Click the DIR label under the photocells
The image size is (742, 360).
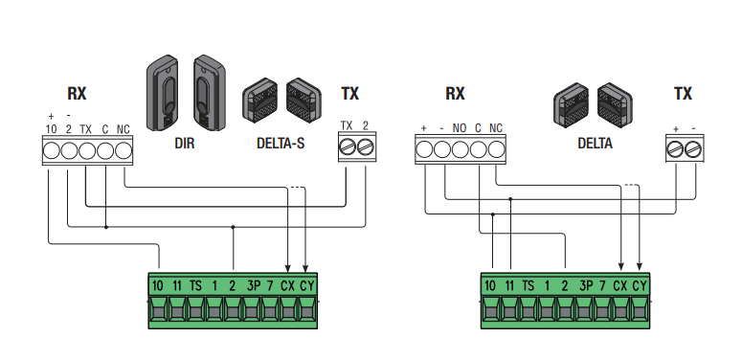(185, 143)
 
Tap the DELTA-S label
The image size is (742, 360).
(281, 143)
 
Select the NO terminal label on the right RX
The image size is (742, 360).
(460, 128)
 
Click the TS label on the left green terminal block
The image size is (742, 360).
(195, 285)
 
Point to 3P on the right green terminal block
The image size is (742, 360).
(586, 285)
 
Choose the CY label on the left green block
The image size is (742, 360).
(307, 285)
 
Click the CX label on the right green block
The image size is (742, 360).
(619, 285)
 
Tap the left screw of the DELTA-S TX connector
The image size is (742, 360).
(348, 147)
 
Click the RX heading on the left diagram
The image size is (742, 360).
(77, 93)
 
